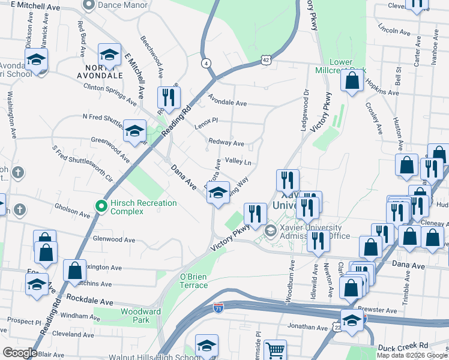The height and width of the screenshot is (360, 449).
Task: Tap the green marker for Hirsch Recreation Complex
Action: (x=101, y=207)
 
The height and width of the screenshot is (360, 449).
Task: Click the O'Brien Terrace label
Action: (x=193, y=281)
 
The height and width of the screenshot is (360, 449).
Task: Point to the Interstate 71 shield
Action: (x=219, y=307)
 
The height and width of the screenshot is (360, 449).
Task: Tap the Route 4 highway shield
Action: (x=206, y=62)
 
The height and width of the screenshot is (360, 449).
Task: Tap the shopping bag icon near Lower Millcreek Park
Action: (x=352, y=80)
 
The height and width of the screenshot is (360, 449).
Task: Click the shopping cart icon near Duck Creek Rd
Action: (x=276, y=350)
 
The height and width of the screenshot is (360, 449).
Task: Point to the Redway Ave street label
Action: (x=226, y=143)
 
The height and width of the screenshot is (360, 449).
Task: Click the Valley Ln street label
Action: (x=238, y=162)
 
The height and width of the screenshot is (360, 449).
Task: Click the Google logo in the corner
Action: (x=20, y=352)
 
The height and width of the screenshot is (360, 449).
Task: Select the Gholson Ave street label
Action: (x=72, y=211)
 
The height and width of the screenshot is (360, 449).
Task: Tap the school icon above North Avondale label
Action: (x=109, y=55)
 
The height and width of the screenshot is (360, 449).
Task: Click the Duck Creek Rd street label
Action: (x=402, y=347)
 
